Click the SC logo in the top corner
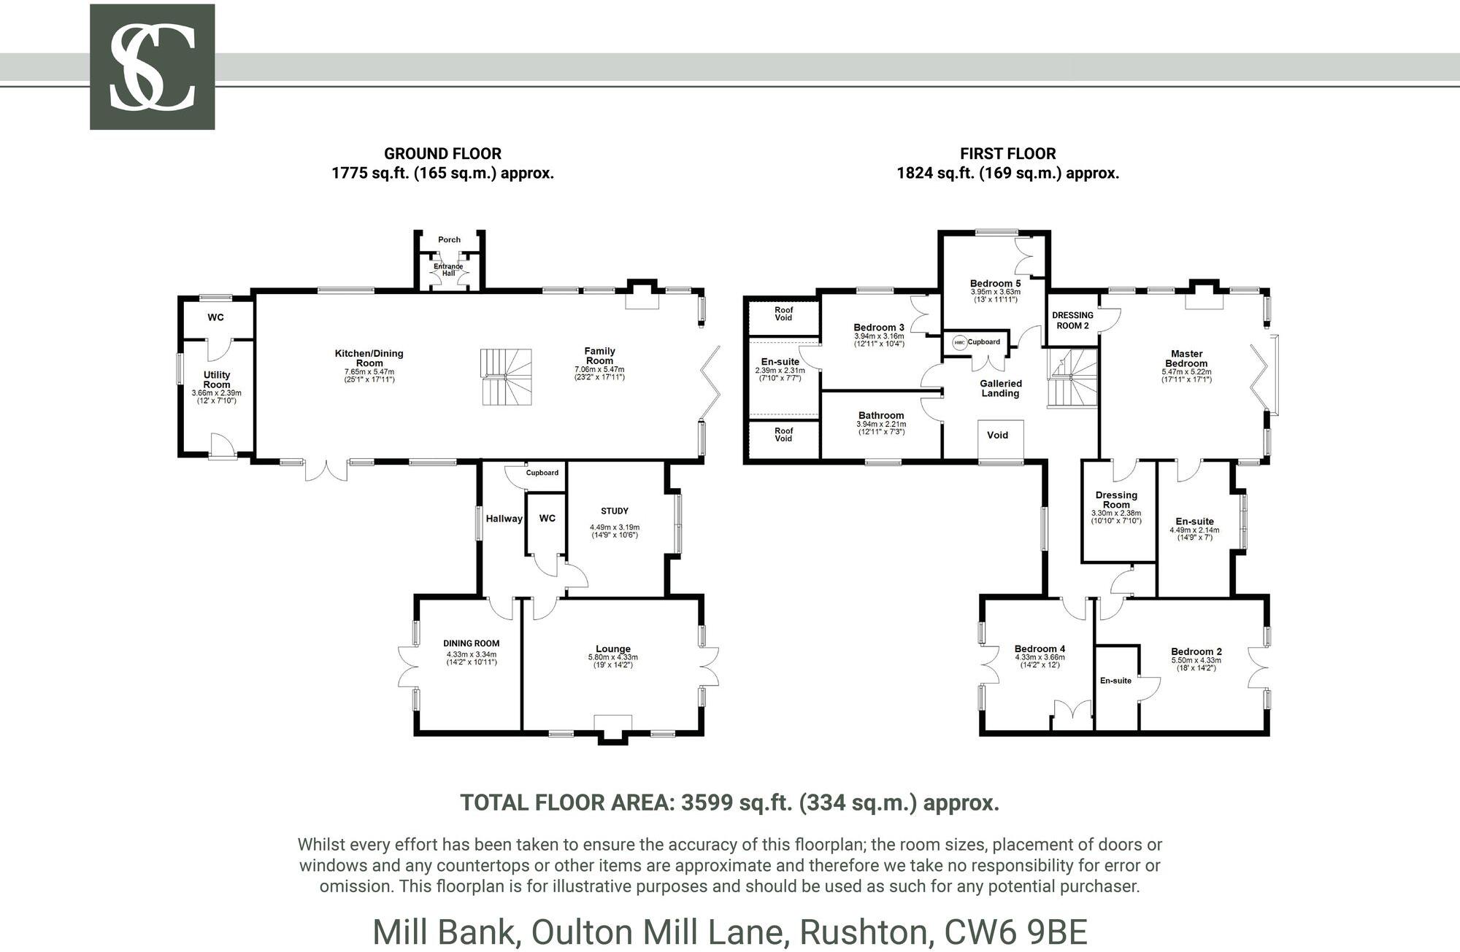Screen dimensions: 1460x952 click(x=152, y=67)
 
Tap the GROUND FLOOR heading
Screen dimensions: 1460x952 click(x=442, y=154)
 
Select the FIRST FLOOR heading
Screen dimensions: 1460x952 click(x=1007, y=154)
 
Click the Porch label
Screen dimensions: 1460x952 click(x=449, y=239)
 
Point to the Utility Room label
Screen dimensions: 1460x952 click(x=217, y=379)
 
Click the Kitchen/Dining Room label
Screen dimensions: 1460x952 click(x=369, y=358)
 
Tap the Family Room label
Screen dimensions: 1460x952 click(x=599, y=356)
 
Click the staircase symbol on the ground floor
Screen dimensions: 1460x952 click(x=506, y=377)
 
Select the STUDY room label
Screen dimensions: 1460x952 click(x=614, y=511)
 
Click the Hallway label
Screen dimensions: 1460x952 click(x=504, y=519)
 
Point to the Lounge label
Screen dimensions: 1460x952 click(x=612, y=649)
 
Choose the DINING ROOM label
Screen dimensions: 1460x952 click(x=471, y=643)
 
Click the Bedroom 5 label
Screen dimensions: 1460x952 click(x=995, y=283)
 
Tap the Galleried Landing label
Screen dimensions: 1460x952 click(x=1000, y=388)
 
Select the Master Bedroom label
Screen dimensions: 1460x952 click(x=1186, y=358)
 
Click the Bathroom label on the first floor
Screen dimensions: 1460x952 click(x=881, y=415)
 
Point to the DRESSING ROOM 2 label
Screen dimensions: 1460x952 click(x=1072, y=320)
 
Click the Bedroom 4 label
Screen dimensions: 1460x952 click(x=1040, y=649)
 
